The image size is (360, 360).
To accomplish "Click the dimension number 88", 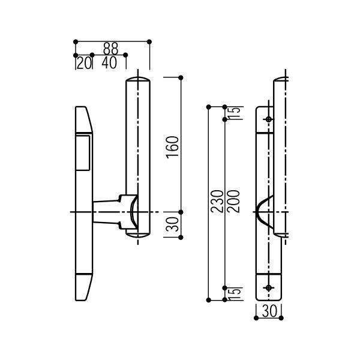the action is pyautogui.click(x=110, y=49).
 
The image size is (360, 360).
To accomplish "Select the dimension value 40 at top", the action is pyautogui.click(x=109, y=63).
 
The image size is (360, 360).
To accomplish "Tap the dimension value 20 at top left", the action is pyautogui.click(x=84, y=63).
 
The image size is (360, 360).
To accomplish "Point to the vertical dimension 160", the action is pyautogui.click(x=173, y=147).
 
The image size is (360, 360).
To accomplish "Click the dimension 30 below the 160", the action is pyautogui.click(x=173, y=224).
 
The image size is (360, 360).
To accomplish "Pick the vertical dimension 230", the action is pyautogui.click(x=217, y=201).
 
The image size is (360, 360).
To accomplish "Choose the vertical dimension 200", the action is pyautogui.click(x=234, y=201).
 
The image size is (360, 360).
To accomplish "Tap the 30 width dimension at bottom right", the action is pyautogui.click(x=269, y=311).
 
